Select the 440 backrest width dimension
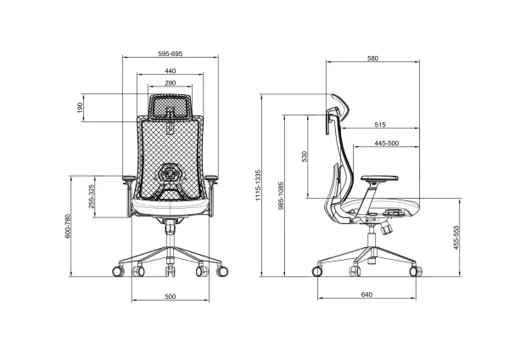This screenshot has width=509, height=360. (x=171, y=70)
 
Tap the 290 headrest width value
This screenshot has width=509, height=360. (x=171, y=83)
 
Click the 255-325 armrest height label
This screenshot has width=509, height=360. (x=91, y=199)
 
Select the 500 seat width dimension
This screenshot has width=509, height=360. (x=171, y=296)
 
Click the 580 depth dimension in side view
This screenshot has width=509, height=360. (x=372, y=59)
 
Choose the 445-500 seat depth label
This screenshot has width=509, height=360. (x=386, y=143)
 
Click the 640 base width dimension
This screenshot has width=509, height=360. (x=367, y=295)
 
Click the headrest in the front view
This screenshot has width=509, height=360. (x=171, y=108)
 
